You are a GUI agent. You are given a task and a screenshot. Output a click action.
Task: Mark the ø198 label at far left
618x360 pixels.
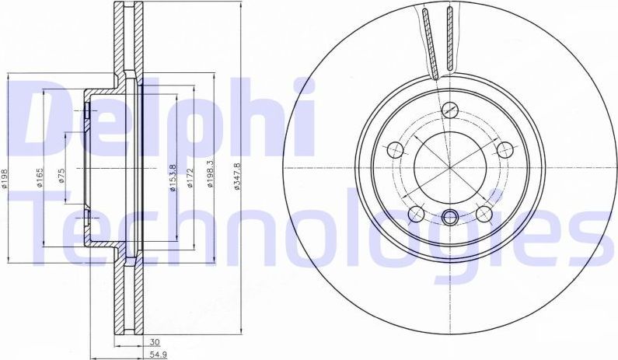coord(5,178)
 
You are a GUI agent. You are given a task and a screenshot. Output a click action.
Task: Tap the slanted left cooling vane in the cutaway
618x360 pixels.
coord(431,43)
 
